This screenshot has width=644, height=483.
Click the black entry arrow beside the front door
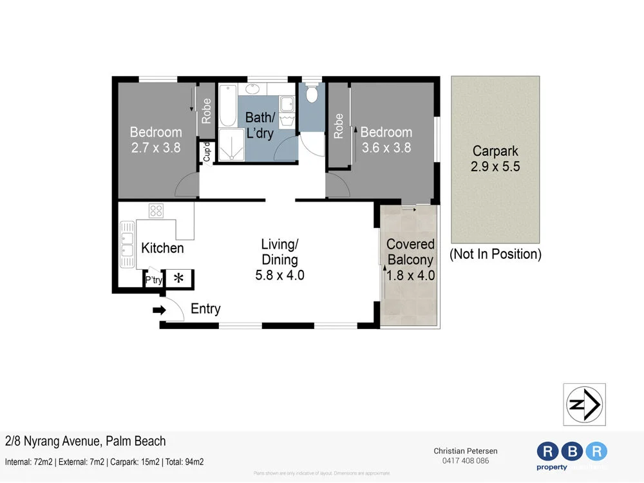point(158,310)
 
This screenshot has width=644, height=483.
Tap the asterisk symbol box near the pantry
point(179,279)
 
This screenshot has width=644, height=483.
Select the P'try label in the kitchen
point(153,281)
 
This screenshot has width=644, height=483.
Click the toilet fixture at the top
point(312,95)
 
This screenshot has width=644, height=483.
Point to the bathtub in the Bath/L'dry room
point(227,106)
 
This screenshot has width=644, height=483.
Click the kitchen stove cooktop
point(156,211)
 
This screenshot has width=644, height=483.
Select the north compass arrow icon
point(584,404)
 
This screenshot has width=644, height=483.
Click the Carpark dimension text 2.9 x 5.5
point(495,166)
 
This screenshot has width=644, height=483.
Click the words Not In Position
point(495,254)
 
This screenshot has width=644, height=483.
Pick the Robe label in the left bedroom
point(207,111)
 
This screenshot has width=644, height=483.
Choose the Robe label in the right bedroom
point(338,126)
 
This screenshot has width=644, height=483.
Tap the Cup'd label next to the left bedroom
point(207,153)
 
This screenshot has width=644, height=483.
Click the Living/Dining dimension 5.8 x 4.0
point(279,275)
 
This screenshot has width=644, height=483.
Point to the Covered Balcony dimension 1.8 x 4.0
point(410,275)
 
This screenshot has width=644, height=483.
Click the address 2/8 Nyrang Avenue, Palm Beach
point(85,441)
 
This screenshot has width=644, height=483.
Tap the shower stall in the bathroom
point(227,145)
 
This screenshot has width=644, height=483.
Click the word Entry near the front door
point(205,309)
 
